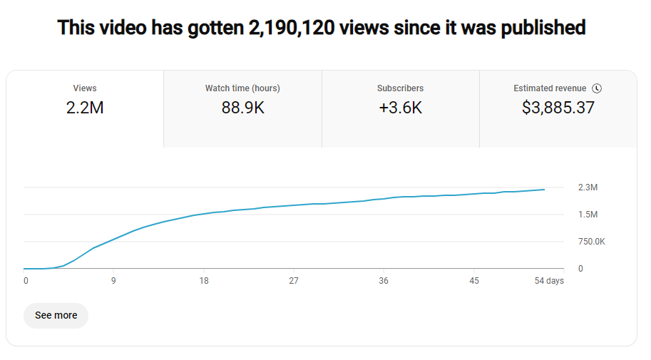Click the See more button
(x=56, y=315)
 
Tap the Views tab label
(x=85, y=88)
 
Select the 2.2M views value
(x=85, y=108)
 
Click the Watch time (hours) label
(x=242, y=88)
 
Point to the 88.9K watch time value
(x=242, y=108)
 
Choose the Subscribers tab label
(x=400, y=88)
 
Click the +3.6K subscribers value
(x=400, y=108)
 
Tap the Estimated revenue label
(x=550, y=88)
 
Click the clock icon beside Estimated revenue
(x=598, y=88)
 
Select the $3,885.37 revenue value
(x=558, y=108)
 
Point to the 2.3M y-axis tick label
(x=588, y=187)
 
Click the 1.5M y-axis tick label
(x=588, y=215)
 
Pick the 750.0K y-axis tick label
(x=591, y=242)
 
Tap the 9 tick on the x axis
(x=113, y=281)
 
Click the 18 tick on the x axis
(x=204, y=281)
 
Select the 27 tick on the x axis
(x=294, y=281)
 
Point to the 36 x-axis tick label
(x=384, y=281)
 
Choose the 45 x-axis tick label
(x=474, y=281)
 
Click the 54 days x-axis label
(x=549, y=281)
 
